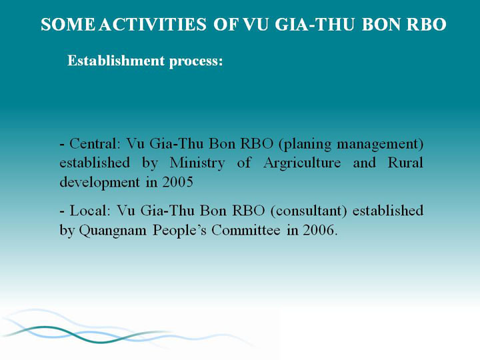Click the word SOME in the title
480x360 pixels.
point(68,25)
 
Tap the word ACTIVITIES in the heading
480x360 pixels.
point(153,25)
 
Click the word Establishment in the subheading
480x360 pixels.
point(116,60)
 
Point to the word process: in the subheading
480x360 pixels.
point(196,61)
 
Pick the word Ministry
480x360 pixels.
point(197,163)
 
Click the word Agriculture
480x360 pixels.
point(302,163)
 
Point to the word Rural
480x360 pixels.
point(405,163)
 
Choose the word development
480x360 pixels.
point(99,183)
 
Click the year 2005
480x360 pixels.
point(177,182)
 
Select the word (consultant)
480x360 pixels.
point(309,211)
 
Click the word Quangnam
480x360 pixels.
point(113,231)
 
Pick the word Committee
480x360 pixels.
point(246,230)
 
